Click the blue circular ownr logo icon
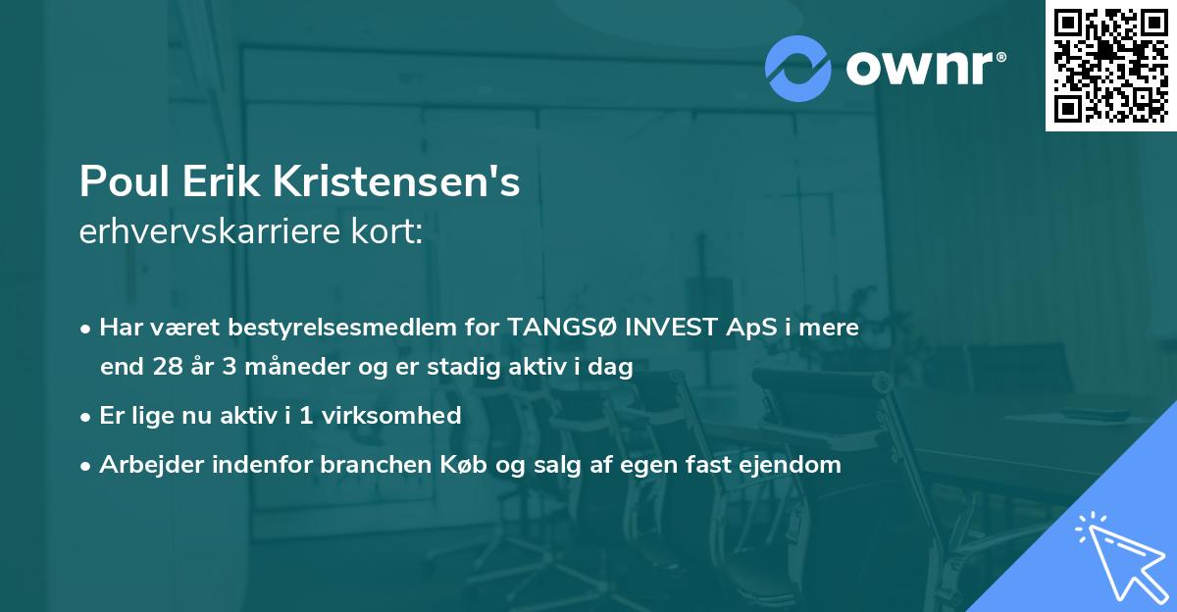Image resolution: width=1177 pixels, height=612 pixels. click(797, 69)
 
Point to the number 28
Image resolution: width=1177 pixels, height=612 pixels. click(167, 368)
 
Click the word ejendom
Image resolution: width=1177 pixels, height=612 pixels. click(795, 465)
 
